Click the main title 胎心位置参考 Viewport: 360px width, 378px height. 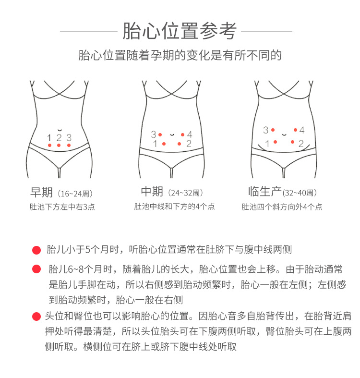point(180,31)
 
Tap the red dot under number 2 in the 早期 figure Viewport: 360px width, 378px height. point(59,145)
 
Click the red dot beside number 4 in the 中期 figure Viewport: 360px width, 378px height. point(183,135)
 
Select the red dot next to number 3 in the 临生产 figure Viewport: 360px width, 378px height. point(273,130)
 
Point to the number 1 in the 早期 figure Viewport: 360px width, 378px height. point(49,138)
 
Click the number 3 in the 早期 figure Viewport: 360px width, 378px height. point(69,138)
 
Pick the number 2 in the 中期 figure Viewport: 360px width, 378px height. point(189,144)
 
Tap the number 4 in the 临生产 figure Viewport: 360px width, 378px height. point(302,130)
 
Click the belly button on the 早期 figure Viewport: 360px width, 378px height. point(60,130)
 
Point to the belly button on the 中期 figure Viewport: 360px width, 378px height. point(172,134)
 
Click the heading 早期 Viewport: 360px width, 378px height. point(41,192)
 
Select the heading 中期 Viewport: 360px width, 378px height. point(152,192)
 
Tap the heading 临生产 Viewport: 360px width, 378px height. point(265,192)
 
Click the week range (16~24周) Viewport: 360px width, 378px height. point(75,194)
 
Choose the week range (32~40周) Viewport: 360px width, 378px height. point(300,193)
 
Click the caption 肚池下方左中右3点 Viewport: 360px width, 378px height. point(62,207)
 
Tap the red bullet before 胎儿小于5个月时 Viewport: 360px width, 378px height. point(36,250)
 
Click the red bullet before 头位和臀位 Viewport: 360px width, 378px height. point(36,317)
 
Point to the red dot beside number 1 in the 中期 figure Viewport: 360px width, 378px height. point(164,144)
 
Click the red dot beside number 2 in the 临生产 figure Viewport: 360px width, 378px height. point(292,142)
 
